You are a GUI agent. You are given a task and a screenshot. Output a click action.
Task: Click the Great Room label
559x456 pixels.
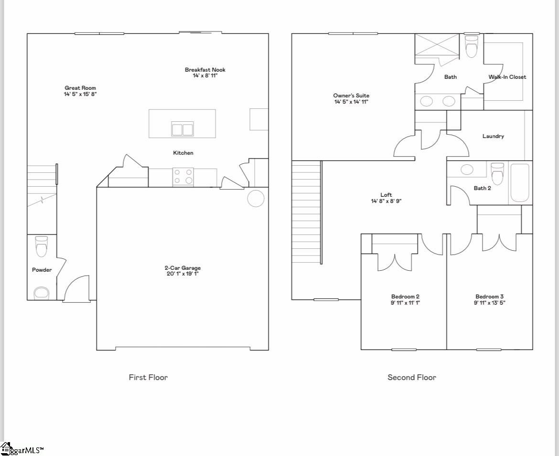tap(80, 88)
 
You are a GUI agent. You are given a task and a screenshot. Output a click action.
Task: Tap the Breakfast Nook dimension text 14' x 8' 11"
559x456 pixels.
tap(205, 76)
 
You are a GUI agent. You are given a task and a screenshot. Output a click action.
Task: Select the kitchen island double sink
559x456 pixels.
tap(182, 129)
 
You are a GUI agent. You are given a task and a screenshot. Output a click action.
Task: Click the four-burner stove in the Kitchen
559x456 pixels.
tap(183, 176)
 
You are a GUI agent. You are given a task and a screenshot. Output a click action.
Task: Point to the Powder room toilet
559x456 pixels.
tap(42, 246)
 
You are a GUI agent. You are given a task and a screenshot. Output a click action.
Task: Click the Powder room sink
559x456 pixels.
tap(42, 293)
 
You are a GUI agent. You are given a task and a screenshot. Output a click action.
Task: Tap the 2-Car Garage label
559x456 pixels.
tap(183, 268)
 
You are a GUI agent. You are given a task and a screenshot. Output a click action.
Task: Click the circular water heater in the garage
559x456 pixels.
tap(256, 199)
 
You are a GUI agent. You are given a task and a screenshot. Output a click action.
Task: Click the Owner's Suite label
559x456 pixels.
tap(351, 95)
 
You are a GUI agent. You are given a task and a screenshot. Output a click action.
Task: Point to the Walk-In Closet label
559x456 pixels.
tap(507, 77)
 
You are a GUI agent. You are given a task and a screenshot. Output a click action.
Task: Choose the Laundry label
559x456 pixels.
tap(493, 136)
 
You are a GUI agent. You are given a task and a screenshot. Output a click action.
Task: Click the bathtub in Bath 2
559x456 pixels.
tap(519, 183)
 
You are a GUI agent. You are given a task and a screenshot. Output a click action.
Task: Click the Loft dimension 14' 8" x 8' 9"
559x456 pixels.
tap(386, 201)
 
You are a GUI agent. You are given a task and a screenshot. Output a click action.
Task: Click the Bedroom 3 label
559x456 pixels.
tap(489, 297)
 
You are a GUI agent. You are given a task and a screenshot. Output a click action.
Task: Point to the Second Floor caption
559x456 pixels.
tap(411, 377)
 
